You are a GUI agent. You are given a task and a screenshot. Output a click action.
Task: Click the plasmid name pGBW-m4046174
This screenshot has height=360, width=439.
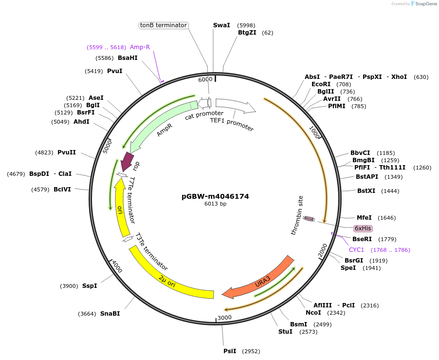pyautogui.click(x=215, y=196)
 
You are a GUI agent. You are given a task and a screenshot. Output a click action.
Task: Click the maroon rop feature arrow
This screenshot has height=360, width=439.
pyautogui.click(x=128, y=160)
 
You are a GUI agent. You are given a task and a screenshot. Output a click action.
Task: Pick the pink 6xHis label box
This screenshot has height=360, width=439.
pyautogui.click(x=363, y=228)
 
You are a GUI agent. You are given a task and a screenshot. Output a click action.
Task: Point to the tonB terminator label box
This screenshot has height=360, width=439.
pyautogui.click(x=164, y=25)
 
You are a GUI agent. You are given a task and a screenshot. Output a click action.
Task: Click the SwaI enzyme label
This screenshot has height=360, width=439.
pyautogui.click(x=221, y=25)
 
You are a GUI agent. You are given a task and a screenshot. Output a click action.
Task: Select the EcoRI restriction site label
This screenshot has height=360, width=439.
pyautogui.click(x=321, y=84)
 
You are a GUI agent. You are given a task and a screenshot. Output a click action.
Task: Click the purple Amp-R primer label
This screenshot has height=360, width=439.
pyautogui.click(x=140, y=47)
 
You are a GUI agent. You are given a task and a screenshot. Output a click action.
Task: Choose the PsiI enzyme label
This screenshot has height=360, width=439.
pyautogui.click(x=230, y=351)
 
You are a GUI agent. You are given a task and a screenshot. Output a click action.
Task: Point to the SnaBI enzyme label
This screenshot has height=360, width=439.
pyautogui.click(x=110, y=314)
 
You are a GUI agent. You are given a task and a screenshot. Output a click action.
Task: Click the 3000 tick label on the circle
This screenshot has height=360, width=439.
pyautogui.click(x=224, y=318)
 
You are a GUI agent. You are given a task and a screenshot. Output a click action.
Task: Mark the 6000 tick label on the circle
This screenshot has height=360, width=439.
pyautogui.click(x=205, y=79)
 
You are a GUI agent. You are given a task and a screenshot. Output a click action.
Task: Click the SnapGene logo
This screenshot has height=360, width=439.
pyautogui.click(x=423, y=4)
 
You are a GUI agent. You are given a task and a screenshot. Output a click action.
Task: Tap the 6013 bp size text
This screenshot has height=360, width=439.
pyautogui.click(x=215, y=204)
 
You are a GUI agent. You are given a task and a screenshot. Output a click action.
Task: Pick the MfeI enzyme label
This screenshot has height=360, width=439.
pyautogui.click(x=364, y=218)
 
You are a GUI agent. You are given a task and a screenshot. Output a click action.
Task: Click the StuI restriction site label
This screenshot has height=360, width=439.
pyautogui.click(x=285, y=332)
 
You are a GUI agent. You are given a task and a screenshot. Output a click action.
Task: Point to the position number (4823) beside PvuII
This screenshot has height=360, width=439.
pyautogui.click(x=44, y=152)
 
